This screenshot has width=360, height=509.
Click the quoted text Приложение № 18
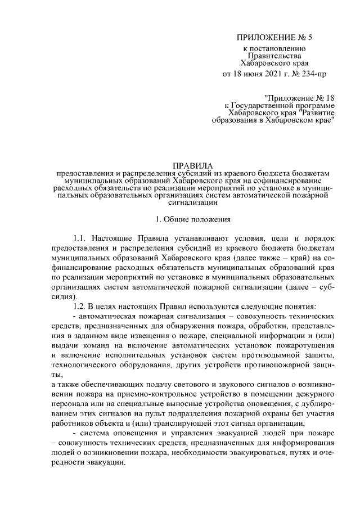(299, 97)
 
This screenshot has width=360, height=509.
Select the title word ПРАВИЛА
(191, 165)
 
